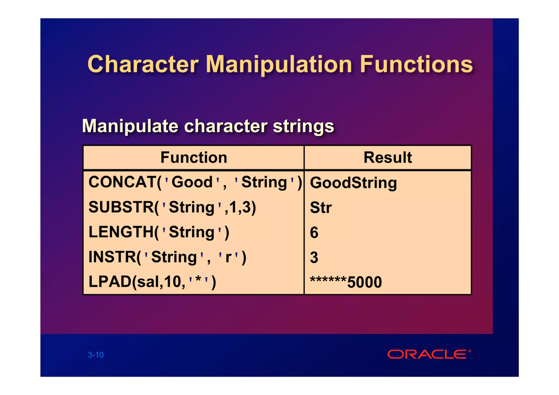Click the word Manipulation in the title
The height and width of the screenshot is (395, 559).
(279, 65)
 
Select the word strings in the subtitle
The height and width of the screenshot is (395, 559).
(304, 126)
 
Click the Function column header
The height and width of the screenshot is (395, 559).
(194, 157)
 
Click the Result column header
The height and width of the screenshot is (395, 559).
(388, 157)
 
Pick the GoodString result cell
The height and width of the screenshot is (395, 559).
(353, 182)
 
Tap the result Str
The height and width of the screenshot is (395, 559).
(321, 208)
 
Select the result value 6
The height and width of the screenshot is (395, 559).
(314, 233)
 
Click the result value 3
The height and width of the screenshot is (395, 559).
(314, 258)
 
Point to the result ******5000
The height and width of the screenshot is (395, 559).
(346, 282)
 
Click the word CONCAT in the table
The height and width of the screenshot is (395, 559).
(122, 182)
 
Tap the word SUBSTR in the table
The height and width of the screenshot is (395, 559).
(121, 207)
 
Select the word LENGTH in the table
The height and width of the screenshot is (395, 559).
(121, 232)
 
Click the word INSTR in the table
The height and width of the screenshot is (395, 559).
(112, 257)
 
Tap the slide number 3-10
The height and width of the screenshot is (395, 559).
(96, 355)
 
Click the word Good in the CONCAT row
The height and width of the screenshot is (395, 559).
(192, 182)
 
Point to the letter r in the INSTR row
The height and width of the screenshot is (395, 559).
(228, 258)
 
